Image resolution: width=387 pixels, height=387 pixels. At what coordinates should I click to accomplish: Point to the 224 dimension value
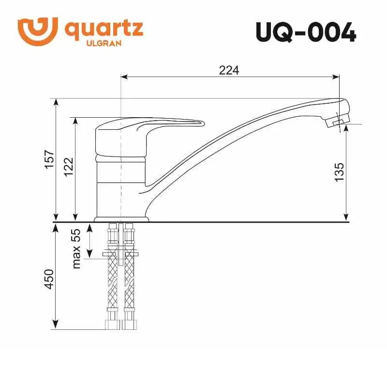tap(229, 70)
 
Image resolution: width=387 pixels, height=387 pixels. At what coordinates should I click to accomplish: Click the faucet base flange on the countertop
tap(121, 219)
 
